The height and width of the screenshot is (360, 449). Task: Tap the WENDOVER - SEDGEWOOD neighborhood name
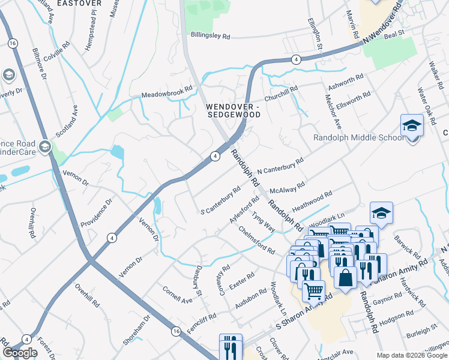(x=233, y=111)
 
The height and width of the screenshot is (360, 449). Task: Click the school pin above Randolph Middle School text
(x=412, y=127)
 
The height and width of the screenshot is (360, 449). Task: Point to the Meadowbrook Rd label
(x=167, y=92)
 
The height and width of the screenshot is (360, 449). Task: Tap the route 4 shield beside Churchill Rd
(x=296, y=59)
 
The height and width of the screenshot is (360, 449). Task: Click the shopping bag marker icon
(x=345, y=278)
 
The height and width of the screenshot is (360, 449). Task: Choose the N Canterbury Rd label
(x=280, y=169)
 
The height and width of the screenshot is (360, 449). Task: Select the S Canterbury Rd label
(x=220, y=200)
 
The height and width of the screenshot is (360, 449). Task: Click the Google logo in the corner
(x=20, y=353)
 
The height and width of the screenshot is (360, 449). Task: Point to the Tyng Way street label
(x=264, y=221)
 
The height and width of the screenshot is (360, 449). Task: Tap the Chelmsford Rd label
(x=257, y=239)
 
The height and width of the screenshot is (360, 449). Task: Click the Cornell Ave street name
(x=177, y=293)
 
